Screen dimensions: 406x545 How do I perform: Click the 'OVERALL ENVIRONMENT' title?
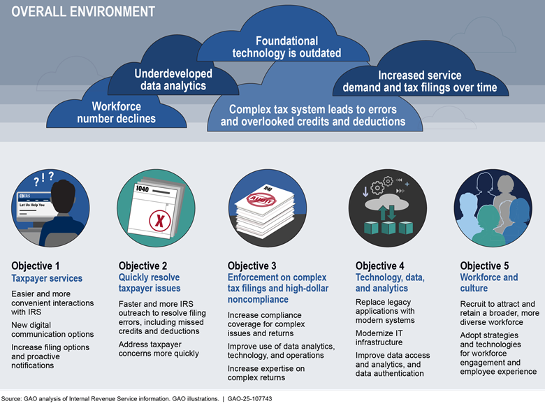(83, 12)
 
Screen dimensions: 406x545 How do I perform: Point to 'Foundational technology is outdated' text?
(287, 47)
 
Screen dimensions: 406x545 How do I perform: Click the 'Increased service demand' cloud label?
(420, 82)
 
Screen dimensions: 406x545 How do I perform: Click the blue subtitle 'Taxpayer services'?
(47, 278)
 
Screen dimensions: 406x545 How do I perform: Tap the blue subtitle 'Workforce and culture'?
(489, 283)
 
